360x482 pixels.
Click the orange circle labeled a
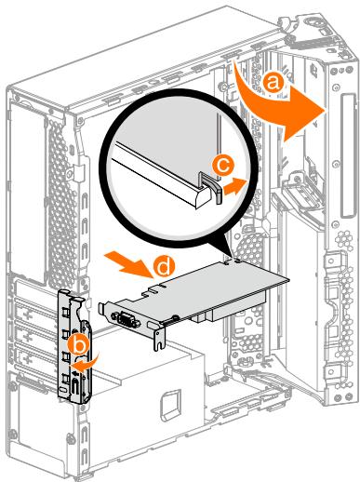[x=272, y=82]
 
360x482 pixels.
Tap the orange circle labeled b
[x=81, y=346]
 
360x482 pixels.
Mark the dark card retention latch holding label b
[x=74, y=344]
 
